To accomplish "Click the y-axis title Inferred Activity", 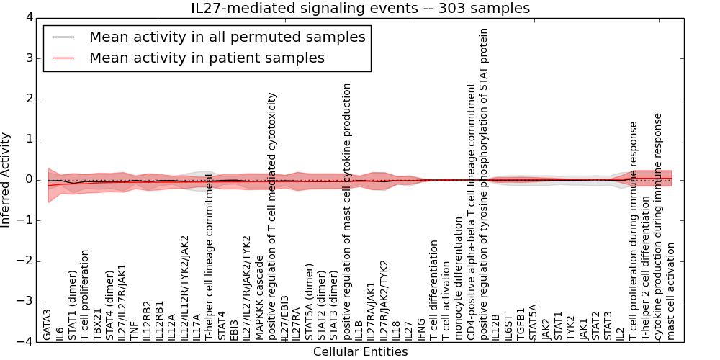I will click(x=6, y=179).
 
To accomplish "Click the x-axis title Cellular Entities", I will click(x=360, y=352).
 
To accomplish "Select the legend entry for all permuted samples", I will click(x=227, y=37).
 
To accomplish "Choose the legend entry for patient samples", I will click(x=207, y=58).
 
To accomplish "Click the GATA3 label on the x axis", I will click(x=47, y=324).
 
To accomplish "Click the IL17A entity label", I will click(x=197, y=325).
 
